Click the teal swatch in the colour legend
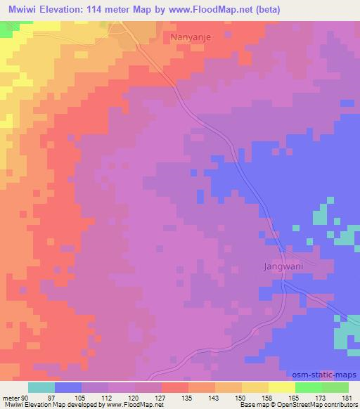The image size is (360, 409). (x=41, y=387)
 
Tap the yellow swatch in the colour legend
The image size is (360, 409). (x=281, y=387)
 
